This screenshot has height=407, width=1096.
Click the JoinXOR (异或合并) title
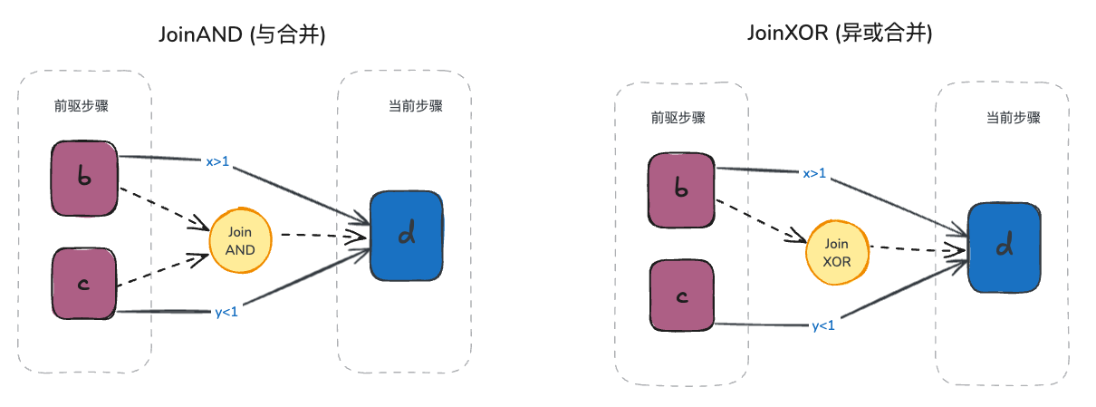pyautogui.click(x=839, y=34)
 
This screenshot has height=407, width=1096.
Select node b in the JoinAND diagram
pyautogui.click(x=84, y=179)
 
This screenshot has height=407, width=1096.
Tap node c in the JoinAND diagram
pyautogui.click(x=84, y=284)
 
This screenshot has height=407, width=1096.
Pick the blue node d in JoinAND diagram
pyautogui.click(x=407, y=235)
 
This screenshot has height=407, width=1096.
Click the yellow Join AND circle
pyautogui.click(x=241, y=241)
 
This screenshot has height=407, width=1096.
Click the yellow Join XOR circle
pyautogui.click(x=837, y=252)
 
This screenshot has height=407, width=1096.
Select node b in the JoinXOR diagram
pyautogui.click(x=682, y=189)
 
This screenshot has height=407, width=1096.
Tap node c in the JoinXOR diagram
pyautogui.click(x=682, y=296)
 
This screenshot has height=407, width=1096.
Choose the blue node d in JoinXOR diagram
pyautogui.click(x=1003, y=247)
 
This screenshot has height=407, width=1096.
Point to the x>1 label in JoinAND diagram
pyautogui.click(x=218, y=162)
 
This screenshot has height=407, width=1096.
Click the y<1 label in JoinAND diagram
pyautogui.click(x=226, y=314)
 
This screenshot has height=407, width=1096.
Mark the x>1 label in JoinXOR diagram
pyautogui.click(x=814, y=172)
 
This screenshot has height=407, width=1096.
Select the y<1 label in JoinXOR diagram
pyautogui.click(x=822, y=325)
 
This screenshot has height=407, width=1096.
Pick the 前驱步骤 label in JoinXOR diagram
pyautogui.click(x=678, y=118)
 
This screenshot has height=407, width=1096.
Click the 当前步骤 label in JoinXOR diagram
pyautogui.click(x=1013, y=118)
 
